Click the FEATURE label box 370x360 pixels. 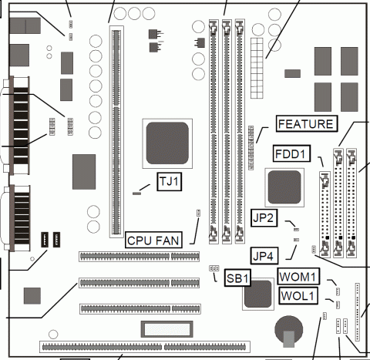click(x=307, y=124)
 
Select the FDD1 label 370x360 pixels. click(x=291, y=153)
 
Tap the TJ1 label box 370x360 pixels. click(x=170, y=182)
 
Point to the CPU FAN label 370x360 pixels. click(x=153, y=240)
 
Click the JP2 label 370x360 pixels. click(x=264, y=218)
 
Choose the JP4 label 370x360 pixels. click(x=264, y=256)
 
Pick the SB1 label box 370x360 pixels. click(x=237, y=278)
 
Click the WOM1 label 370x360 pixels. click(x=298, y=277)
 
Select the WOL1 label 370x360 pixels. click(x=298, y=295)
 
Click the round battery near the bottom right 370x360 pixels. click(x=288, y=331)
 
